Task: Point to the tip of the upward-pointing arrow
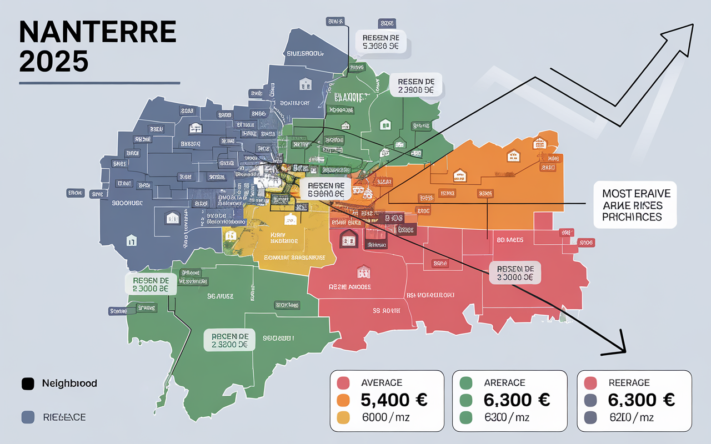point(692,25)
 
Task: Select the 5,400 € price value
point(393,400)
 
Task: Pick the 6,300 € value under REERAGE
point(641,400)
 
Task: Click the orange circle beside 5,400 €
point(343,400)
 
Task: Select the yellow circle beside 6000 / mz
point(343,418)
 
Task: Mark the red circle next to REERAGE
point(590,383)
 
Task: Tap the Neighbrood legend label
point(69,384)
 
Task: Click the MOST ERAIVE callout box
point(635,205)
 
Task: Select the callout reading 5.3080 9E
point(380,42)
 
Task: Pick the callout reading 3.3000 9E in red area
point(515,273)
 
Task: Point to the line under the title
point(99,83)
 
